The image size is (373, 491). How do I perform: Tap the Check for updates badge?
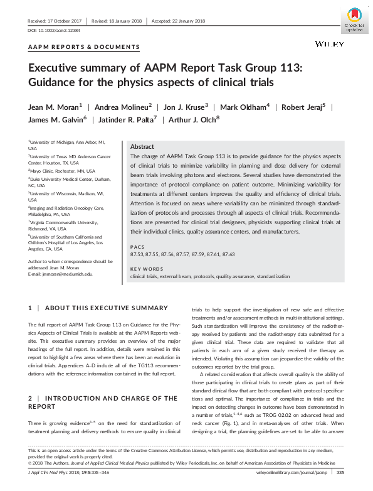pyautogui.click(x=354, y=19)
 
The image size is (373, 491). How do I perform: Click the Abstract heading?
pyautogui.click(x=142, y=145)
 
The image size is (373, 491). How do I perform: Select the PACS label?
pyautogui.click(x=137, y=247)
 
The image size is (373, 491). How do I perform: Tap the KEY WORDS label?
pyautogui.click(x=145, y=269)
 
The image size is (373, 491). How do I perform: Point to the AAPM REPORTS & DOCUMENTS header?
pyautogui.click(x=83, y=47)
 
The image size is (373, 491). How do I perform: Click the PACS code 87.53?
pyautogui.click(x=137, y=254)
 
